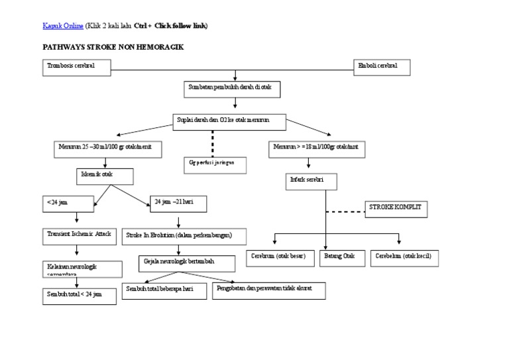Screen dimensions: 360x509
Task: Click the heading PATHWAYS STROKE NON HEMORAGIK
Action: coord(113,48)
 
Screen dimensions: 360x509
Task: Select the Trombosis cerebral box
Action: coord(76,67)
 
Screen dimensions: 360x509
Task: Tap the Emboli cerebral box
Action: coord(382,67)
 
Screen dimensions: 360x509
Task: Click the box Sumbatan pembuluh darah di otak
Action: coord(235,89)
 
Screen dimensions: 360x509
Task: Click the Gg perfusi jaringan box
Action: coord(213,163)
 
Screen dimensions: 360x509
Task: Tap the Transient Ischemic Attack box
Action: coord(78,235)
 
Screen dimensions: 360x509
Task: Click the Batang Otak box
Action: coord(341,257)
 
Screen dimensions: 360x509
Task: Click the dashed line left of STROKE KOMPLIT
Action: coord(346,211)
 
